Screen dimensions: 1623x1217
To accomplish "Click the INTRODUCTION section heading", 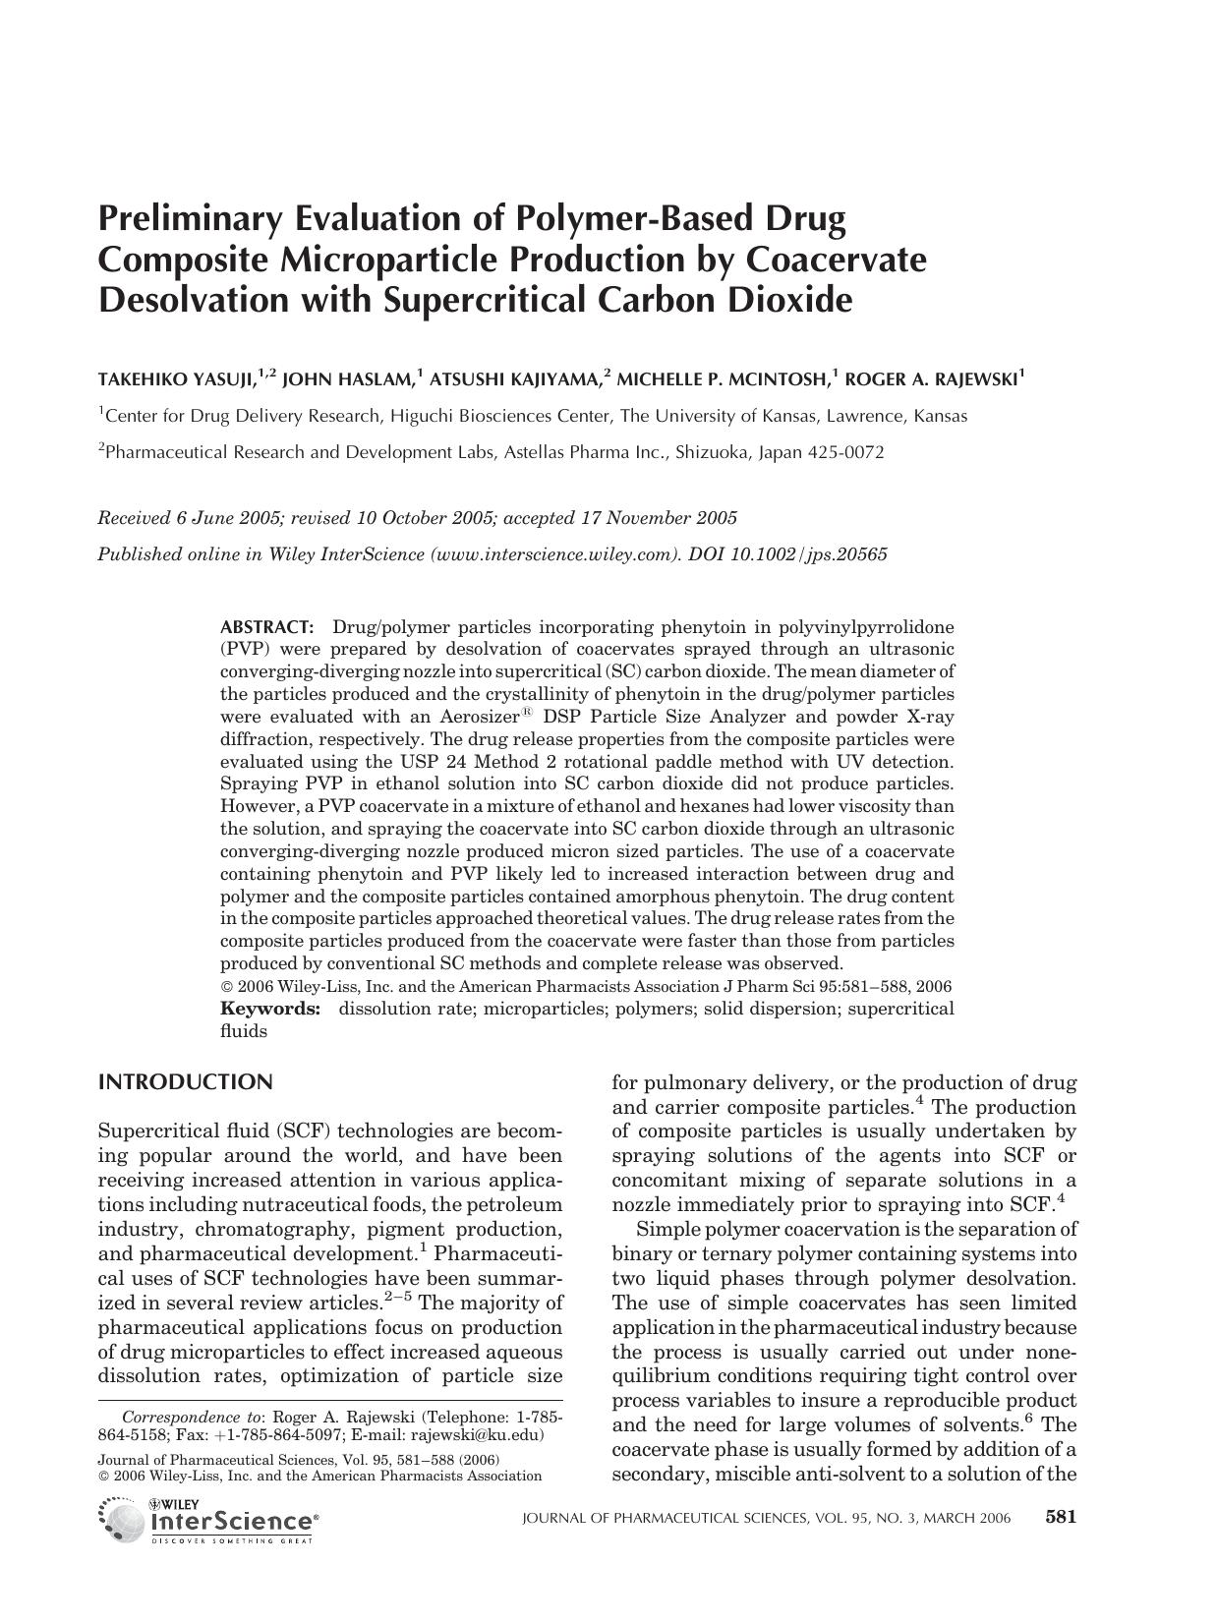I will (185, 1082).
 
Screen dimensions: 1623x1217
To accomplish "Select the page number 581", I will (1061, 1517).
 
